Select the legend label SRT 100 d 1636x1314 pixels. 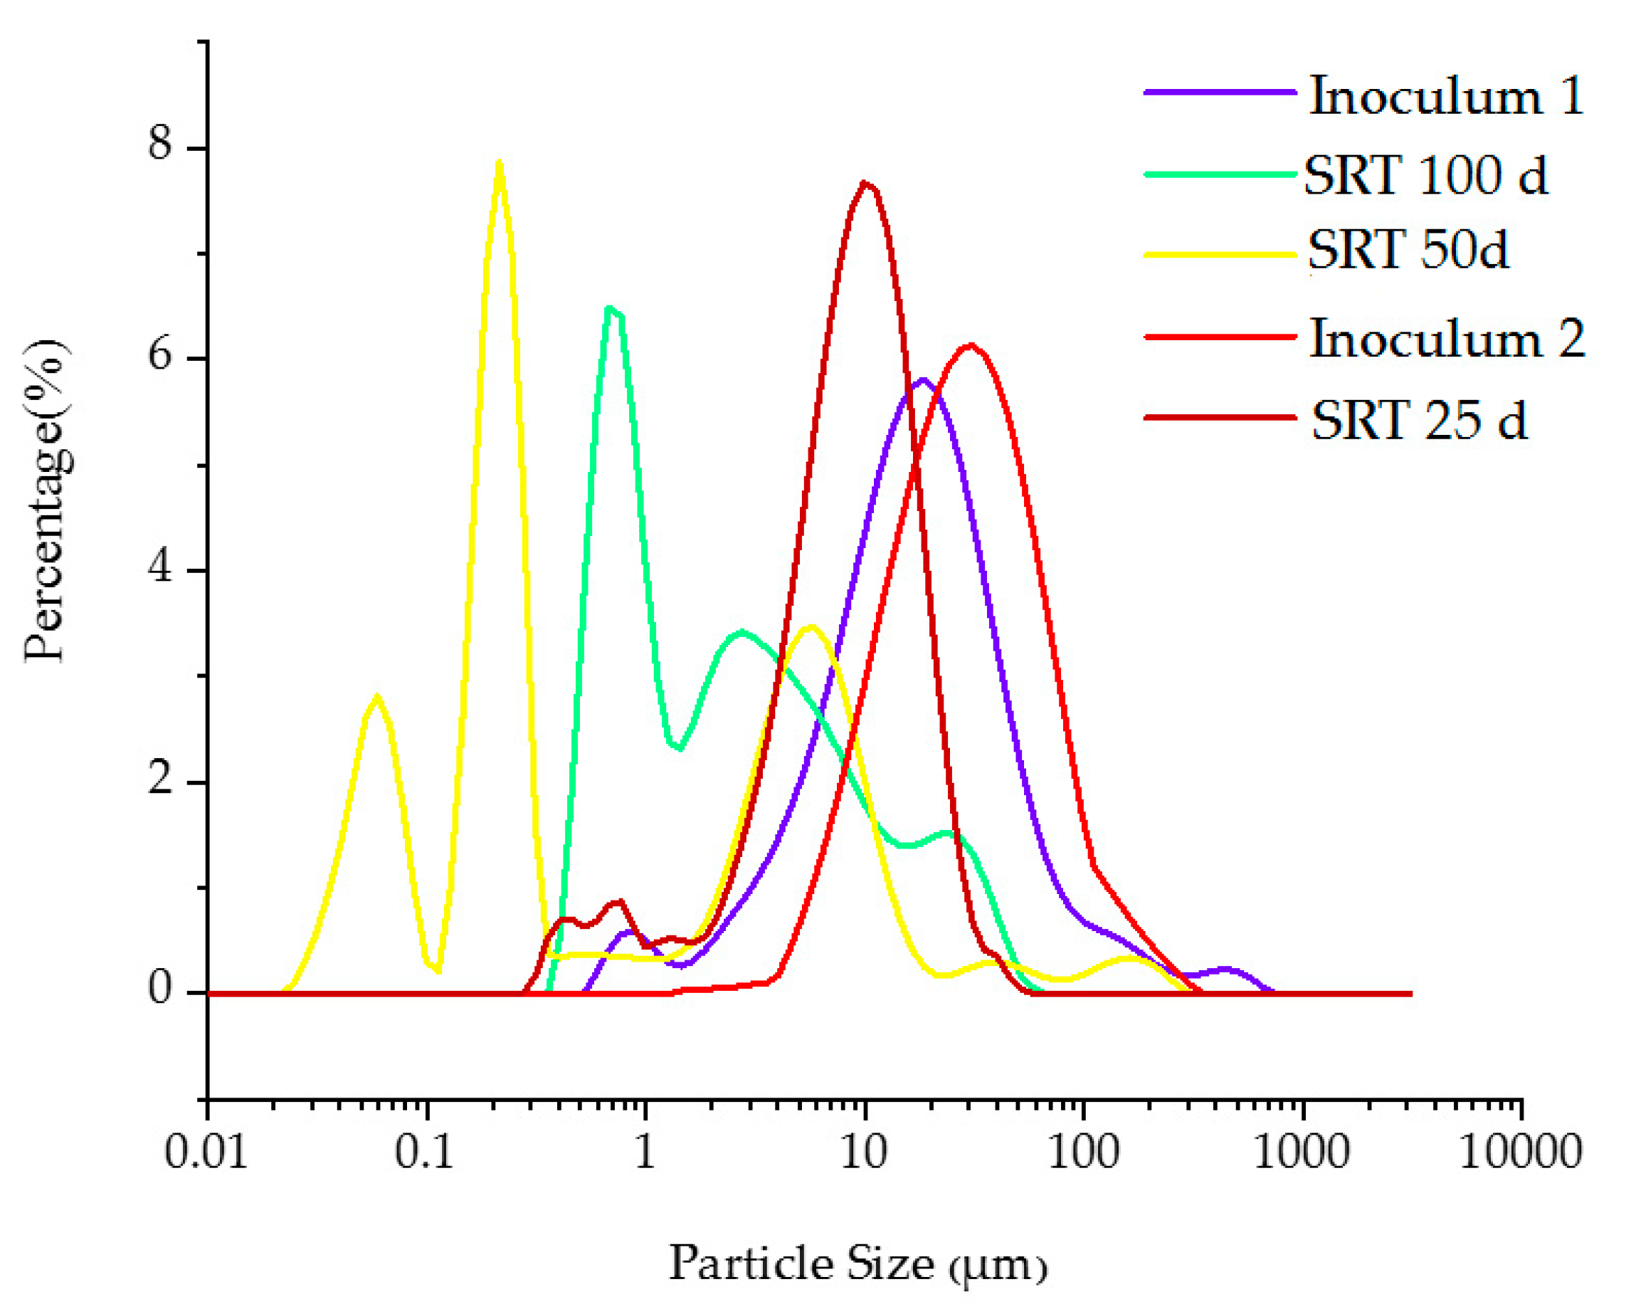pyautogui.click(x=1425, y=175)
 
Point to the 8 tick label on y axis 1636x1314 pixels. pyautogui.click(x=161, y=142)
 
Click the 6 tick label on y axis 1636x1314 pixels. pyautogui.click(x=161, y=354)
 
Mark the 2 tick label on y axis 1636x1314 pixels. pyautogui.click(x=161, y=778)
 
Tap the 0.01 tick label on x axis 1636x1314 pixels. pyautogui.click(x=206, y=1152)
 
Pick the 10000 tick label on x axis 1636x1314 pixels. pyautogui.click(x=1520, y=1152)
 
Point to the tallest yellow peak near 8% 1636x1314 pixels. pyautogui.click(x=499, y=163)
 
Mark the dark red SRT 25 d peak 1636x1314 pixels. pyautogui.click(x=866, y=184)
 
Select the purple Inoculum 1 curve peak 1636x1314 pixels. pyautogui.click(x=923, y=379)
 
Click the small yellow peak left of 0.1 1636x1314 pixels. pyautogui.click(x=377, y=697)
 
